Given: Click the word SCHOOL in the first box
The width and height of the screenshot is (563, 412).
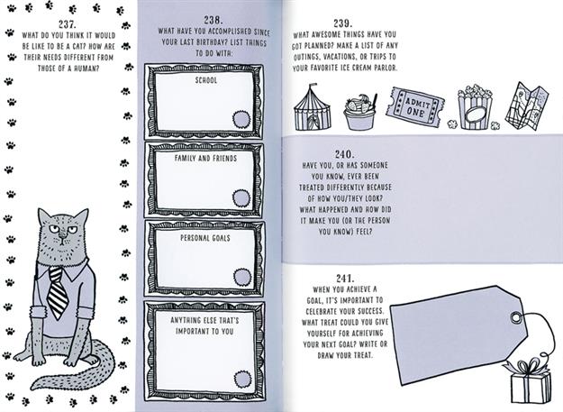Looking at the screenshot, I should click(205, 80).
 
